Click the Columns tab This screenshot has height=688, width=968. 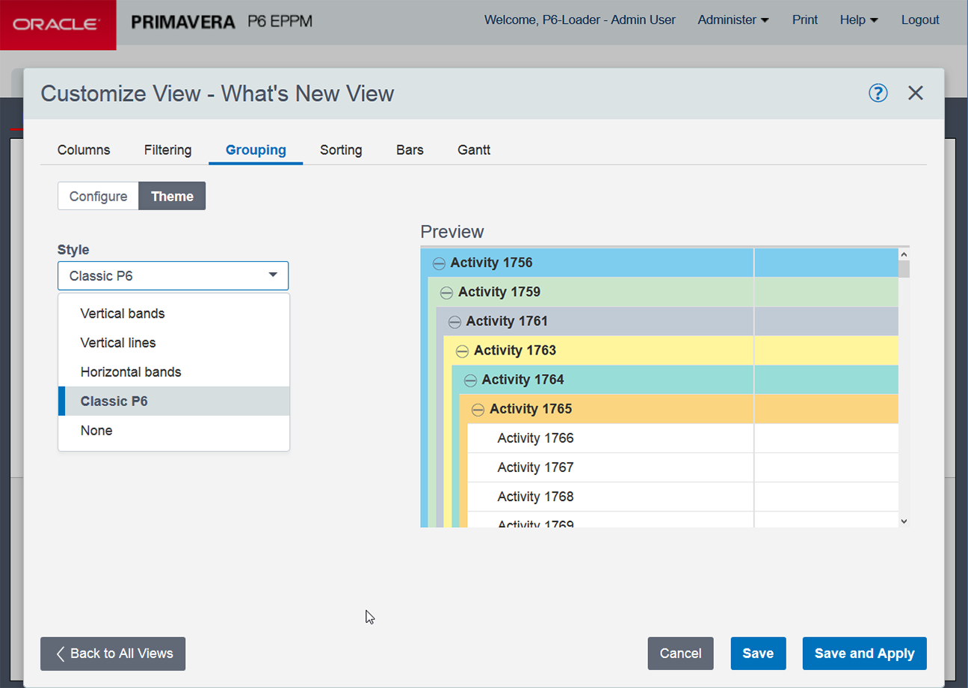pyautogui.click(x=84, y=150)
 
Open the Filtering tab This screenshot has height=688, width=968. pyautogui.click(x=167, y=150)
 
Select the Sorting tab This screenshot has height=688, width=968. pyautogui.click(x=341, y=150)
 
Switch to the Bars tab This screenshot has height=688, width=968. pyautogui.click(x=410, y=150)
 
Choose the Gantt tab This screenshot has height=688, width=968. pyautogui.click(x=474, y=150)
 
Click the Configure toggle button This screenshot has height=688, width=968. pyautogui.click(x=98, y=196)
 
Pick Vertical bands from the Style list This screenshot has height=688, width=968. pyautogui.click(x=123, y=313)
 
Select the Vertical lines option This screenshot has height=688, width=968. pyautogui.click(x=118, y=343)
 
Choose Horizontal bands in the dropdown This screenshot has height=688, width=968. pyautogui.click(x=131, y=372)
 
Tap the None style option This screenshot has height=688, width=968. pyautogui.click(x=96, y=430)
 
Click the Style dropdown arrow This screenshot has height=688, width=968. pyautogui.click(x=273, y=275)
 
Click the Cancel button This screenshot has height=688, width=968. pyautogui.click(x=680, y=653)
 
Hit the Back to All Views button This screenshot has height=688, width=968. pyautogui.click(x=113, y=653)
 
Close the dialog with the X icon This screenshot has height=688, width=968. pyautogui.click(x=916, y=93)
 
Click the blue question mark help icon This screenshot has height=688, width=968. pyautogui.click(x=878, y=93)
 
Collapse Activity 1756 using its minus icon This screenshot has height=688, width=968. pyautogui.click(x=439, y=263)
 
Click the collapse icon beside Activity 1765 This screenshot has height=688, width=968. pyautogui.click(x=478, y=410)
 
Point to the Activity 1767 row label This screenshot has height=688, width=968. pyautogui.click(x=535, y=467)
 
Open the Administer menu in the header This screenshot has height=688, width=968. pyautogui.click(x=733, y=20)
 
